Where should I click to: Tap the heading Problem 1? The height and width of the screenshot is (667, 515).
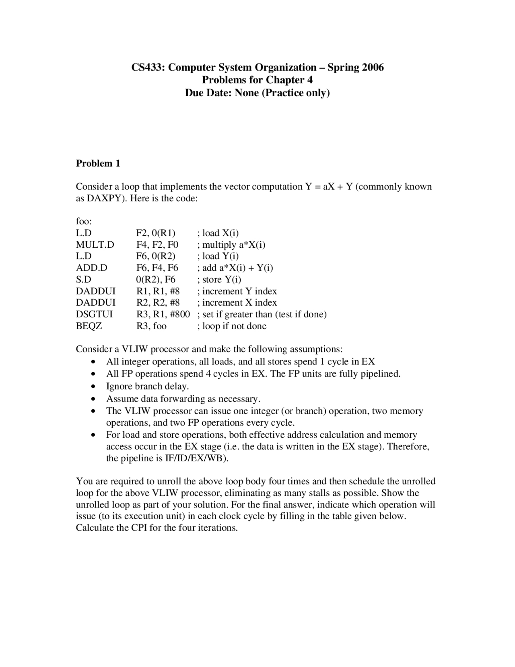pos(98,164)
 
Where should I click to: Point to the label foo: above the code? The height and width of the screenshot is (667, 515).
pos(84,222)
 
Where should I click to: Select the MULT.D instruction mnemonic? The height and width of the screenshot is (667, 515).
pos(95,245)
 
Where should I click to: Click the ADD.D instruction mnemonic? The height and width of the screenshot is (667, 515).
pos(91,268)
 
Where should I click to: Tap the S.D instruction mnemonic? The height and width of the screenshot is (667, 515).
pos(84,280)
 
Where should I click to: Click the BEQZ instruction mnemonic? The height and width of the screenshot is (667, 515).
pos(89,326)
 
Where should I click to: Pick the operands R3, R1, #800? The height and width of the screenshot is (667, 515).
pos(163,314)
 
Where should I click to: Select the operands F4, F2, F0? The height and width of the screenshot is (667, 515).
pos(157,245)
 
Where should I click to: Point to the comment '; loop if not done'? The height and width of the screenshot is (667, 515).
pos(231,326)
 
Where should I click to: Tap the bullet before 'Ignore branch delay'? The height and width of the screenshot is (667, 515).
pos(93,387)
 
